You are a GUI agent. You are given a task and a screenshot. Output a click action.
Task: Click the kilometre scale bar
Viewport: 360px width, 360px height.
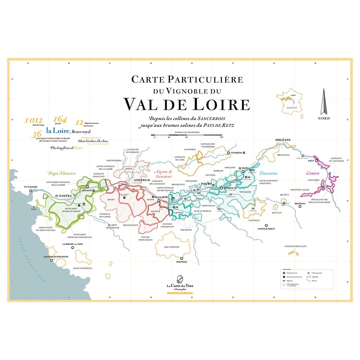[x=187, y=136]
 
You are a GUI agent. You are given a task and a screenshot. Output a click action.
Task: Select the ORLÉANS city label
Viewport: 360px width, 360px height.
[x=283, y=140]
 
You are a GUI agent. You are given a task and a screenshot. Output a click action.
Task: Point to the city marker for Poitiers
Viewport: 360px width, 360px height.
[x=181, y=258]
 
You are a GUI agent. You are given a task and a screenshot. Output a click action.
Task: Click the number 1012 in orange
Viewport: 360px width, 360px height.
[x=34, y=121]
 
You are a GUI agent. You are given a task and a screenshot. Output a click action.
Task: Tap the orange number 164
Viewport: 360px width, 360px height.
[x=60, y=119]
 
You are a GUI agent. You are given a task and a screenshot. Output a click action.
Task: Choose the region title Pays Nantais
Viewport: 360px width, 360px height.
[x=62, y=173]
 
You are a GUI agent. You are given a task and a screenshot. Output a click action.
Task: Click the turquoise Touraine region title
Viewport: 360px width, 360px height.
[x=268, y=173]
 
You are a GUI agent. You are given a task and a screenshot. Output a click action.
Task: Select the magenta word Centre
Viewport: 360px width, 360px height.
[x=313, y=173]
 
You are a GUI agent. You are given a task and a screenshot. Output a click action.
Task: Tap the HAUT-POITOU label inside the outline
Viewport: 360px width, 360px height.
[x=172, y=247]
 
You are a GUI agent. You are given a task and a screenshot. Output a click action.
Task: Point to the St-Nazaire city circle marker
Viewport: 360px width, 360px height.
[x=31, y=191]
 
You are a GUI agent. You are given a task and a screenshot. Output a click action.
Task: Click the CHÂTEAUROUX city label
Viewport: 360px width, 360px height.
[x=266, y=229]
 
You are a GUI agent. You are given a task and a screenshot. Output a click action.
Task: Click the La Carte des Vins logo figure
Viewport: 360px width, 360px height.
[x=180, y=279]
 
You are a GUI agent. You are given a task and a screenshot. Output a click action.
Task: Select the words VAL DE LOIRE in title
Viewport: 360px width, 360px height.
[x=187, y=104]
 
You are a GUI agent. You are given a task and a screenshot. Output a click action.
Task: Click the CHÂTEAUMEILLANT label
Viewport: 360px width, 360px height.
[x=295, y=246]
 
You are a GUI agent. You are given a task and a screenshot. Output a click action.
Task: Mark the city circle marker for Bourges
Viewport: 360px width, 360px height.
[x=300, y=206]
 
